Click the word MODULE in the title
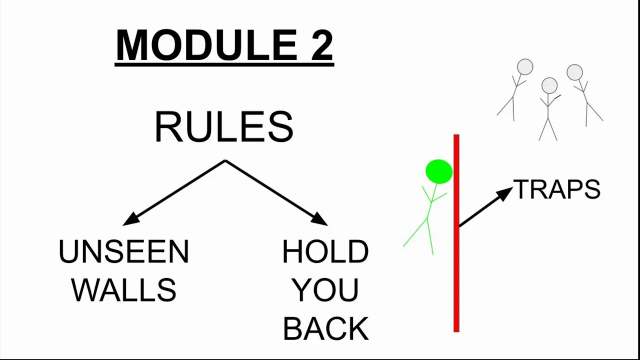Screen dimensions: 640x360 (207, 44)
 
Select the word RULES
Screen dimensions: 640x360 (224, 127)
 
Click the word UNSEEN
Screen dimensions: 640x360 (123, 251)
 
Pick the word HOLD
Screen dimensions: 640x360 (325, 251)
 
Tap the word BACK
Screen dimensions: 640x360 (325, 328)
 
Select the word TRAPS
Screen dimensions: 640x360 (557, 189)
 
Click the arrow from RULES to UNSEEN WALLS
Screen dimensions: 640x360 (174, 193)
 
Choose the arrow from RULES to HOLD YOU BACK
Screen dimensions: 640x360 (276, 193)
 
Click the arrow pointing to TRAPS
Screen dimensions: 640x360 (485, 207)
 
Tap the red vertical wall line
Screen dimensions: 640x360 (456, 233)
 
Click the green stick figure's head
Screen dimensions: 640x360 (439, 171)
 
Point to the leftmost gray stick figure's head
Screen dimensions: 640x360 (525, 67)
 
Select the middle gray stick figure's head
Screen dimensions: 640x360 (549, 85)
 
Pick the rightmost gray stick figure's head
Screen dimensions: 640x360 (574, 72)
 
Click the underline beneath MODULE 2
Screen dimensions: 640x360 (224, 65)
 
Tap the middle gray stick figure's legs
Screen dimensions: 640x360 (548, 129)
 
